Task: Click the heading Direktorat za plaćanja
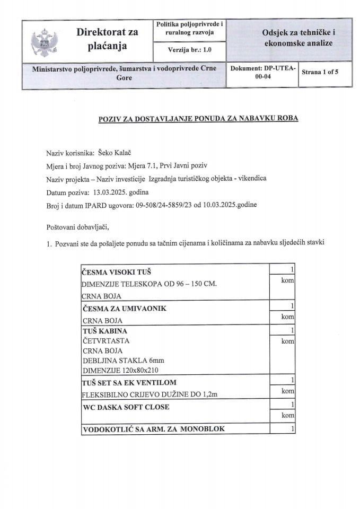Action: (107, 39)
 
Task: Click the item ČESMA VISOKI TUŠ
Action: (115, 273)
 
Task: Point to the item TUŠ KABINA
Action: (105, 331)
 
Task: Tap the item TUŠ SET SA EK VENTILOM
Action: (129, 382)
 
